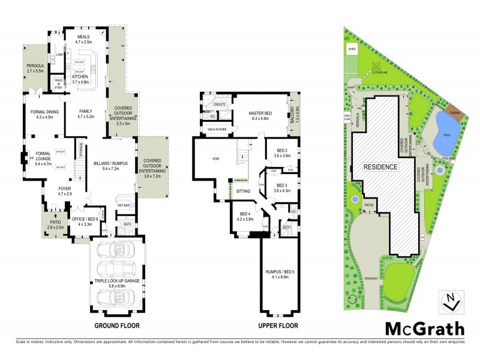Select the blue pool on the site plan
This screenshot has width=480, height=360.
(445, 127)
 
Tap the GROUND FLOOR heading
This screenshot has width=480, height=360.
(117, 326)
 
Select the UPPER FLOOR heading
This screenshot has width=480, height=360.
(278, 326)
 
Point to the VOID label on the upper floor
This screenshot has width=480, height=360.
(215, 160)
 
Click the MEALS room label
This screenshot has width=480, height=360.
(83, 37)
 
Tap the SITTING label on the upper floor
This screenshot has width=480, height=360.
(243, 190)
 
